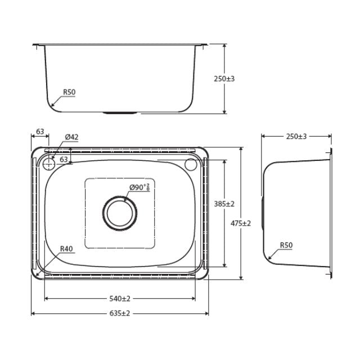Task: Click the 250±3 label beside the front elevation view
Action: [224, 79]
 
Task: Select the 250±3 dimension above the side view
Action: [297, 136]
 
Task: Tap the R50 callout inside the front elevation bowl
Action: [69, 92]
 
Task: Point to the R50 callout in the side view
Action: [286, 245]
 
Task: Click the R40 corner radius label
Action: [66, 248]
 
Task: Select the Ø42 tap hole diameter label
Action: [71, 137]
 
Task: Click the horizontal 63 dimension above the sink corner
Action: [40, 132]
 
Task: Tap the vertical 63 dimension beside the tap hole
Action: [64, 160]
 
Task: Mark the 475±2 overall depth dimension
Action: [241, 223]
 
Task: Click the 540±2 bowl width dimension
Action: [119, 298]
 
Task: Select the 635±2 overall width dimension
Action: [119, 313]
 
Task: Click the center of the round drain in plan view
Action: [119, 213]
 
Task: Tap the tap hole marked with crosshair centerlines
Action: [48, 164]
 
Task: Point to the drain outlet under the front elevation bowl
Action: [119, 112]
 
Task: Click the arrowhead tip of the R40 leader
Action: [37, 274]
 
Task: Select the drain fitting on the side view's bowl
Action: [263, 212]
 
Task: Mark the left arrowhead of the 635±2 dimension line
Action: [33, 313]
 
